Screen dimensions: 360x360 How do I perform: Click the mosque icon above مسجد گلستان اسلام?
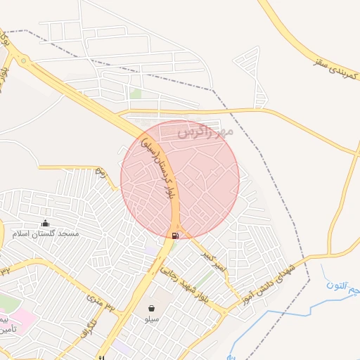tap(46, 223)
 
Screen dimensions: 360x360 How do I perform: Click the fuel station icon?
tap(174, 235)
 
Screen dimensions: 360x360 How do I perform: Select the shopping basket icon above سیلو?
tap(153, 308)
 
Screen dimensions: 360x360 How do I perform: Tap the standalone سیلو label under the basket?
tap(152, 319)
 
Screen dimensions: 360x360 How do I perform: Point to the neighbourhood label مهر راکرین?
tap(205, 131)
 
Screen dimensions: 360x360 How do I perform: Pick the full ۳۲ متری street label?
tap(100, 303)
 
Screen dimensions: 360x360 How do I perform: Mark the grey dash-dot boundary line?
tap(278, 176)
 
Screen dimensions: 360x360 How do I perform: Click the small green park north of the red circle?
tap(136, 94)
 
